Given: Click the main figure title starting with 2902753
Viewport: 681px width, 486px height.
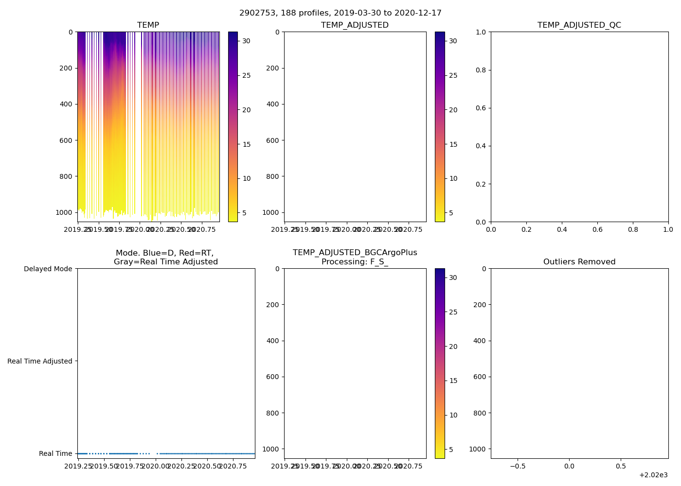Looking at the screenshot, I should [x=340, y=13].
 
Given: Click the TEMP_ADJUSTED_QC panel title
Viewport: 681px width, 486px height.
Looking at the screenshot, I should [x=579, y=25].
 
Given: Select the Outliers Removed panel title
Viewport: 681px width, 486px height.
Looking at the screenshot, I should [x=579, y=262].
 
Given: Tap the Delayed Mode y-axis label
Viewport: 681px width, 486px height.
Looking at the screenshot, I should [x=48, y=269].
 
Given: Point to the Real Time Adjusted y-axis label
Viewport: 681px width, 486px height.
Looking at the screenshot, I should [x=39, y=361].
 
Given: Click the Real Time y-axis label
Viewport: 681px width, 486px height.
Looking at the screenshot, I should [x=55, y=453].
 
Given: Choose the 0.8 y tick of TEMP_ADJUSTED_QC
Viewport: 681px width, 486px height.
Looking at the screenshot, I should [x=480, y=70].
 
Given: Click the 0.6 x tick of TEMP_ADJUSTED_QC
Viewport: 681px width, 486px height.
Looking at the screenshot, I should [x=597, y=229].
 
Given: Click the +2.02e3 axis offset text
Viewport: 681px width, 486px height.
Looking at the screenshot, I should [x=653, y=475].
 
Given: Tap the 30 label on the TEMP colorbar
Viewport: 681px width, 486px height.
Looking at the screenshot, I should [x=246, y=41].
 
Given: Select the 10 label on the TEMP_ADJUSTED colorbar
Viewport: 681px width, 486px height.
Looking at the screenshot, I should [x=453, y=178].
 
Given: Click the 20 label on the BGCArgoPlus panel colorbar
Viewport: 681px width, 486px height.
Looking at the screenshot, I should [x=453, y=347].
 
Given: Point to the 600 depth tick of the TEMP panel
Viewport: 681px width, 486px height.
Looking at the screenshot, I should [x=66, y=140].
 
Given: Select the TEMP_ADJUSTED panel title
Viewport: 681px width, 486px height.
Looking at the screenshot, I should [x=355, y=25].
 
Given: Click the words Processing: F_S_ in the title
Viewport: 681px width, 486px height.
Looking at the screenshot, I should [x=355, y=262].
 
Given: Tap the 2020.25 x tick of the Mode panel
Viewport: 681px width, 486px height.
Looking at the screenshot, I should [x=181, y=466].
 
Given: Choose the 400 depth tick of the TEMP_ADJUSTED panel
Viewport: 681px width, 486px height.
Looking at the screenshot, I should [x=273, y=104].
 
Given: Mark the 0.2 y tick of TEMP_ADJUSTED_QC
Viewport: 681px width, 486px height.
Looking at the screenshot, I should [x=480, y=184].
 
